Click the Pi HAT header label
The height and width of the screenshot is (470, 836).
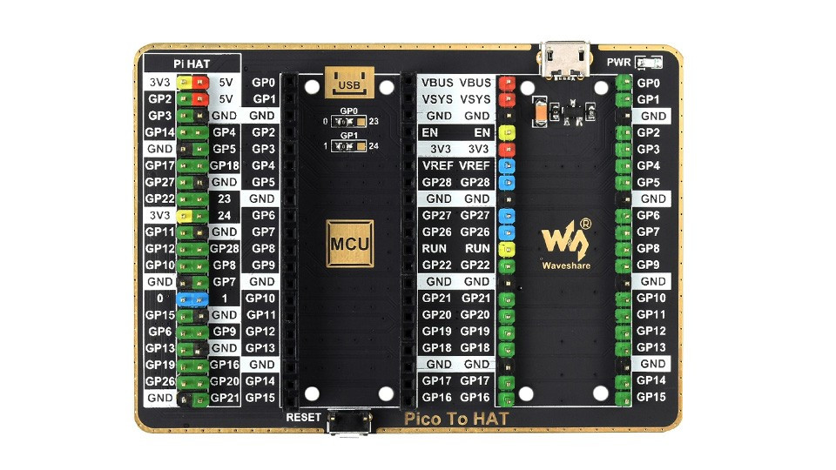tap(192, 64)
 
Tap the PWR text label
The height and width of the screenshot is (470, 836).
tap(618, 63)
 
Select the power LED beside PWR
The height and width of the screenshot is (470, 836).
tap(649, 63)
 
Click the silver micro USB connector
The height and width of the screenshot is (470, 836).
tap(564, 60)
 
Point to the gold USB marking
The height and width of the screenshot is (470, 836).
tap(349, 82)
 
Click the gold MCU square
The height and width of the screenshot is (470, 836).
tap(350, 244)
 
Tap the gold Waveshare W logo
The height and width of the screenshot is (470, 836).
tap(564, 240)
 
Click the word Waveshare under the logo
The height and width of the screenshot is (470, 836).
tap(566, 265)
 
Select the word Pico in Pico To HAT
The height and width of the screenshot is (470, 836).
tap(421, 419)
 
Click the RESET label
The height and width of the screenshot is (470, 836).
tap(303, 417)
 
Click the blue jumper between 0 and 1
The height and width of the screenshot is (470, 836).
tap(192, 299)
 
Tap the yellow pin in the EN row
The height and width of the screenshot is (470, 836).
tap(507, 132)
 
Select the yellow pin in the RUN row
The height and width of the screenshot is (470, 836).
tap(507, 249)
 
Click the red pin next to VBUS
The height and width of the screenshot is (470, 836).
tap(507, 84)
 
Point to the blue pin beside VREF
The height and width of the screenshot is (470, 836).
tap(507, 165)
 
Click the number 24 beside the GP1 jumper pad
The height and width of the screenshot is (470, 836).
tap(374, 146)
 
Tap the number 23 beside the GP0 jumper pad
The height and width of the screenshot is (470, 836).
tap(374, 122)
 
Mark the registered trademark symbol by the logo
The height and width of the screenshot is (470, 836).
tap(585, 224)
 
